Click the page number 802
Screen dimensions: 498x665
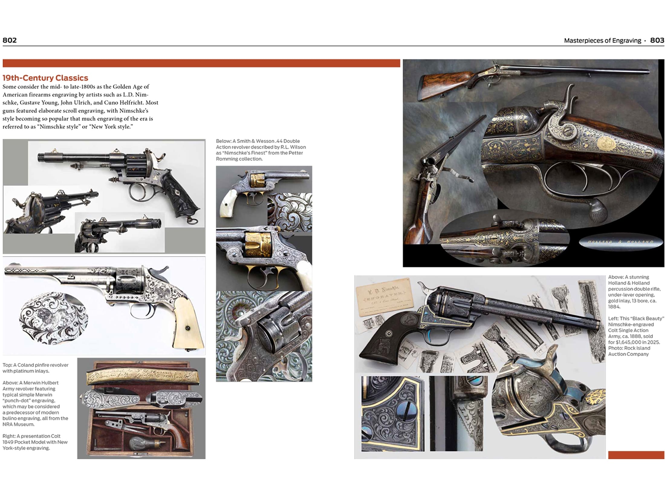(10, 40)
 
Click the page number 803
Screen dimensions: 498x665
(657, 40)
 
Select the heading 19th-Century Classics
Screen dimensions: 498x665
(45, 78)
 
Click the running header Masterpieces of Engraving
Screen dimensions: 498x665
(602, 40)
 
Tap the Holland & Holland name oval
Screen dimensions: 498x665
(620, 242)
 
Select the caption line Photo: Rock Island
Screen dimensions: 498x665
(629, 348)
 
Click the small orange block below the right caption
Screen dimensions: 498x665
(636, 455)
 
